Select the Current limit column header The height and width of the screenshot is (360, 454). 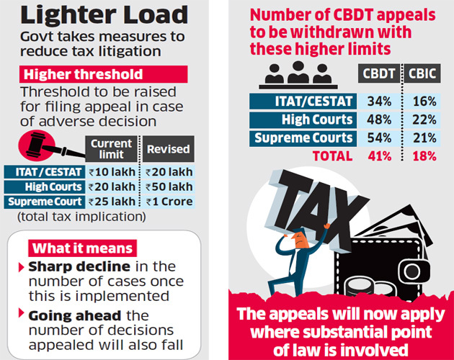click(x=111, y=149)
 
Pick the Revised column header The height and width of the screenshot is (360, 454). click(x=168, y=150)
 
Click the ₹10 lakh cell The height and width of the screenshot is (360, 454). click(x=112, y=171)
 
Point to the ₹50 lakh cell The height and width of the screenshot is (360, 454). click(x=168, y=186)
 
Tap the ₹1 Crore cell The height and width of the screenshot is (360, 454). click(x=168, y=202)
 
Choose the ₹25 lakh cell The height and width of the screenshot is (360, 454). click(x=112, y=202)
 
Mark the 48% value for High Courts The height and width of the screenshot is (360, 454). click(x=379, y=120)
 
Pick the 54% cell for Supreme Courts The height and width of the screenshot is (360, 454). click(x=379, y=138)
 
